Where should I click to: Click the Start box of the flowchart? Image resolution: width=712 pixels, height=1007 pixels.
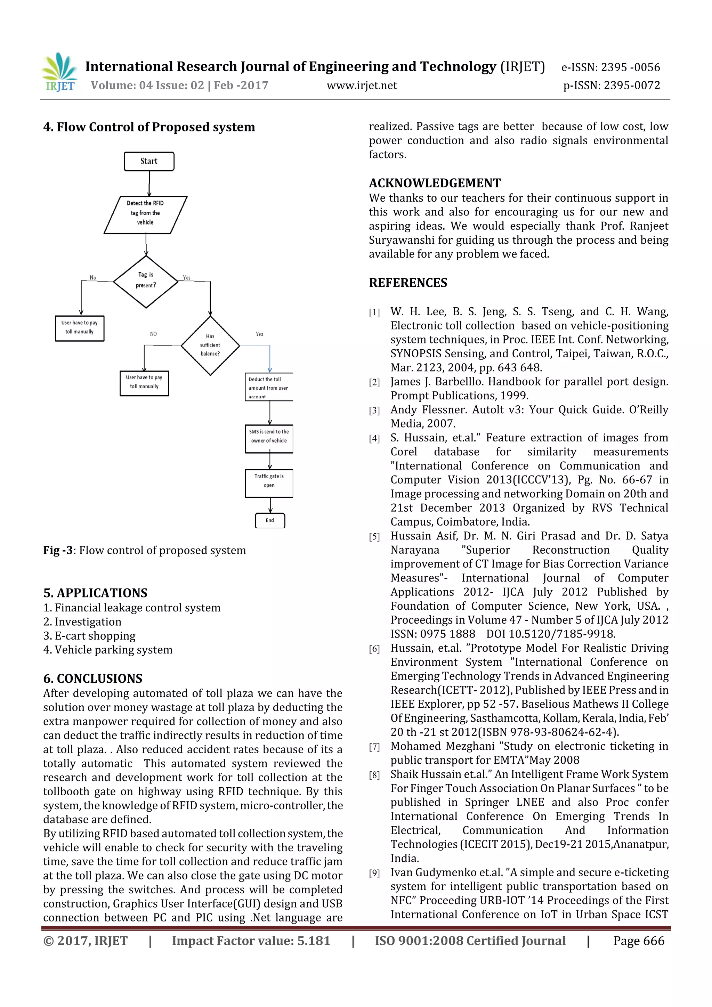[x=149, y=161]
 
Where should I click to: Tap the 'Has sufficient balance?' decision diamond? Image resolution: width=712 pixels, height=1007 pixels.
[x=210, y=346]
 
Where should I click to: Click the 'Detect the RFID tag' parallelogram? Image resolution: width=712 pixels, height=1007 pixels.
[x=145, y=214]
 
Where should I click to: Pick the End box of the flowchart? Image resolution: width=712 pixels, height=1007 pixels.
[x=270, y=521]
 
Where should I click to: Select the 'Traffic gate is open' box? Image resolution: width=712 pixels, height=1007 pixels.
[x=269, y=483]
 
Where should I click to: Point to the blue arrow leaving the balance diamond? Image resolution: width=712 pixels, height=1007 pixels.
[x=269, y=355]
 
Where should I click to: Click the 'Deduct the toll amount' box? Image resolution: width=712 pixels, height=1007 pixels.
[x=268, y=387]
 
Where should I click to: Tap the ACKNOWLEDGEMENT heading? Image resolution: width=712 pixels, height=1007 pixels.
[x=434, y=183]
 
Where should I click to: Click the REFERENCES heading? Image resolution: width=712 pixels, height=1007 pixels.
[x=408, y=283]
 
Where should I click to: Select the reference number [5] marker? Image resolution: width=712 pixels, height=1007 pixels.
[x=374, y=537]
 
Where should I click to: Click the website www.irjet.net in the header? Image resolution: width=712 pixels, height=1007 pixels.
[x=362, y=86]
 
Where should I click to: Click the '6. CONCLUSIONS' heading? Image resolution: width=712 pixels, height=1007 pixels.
[x=92, y=679]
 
